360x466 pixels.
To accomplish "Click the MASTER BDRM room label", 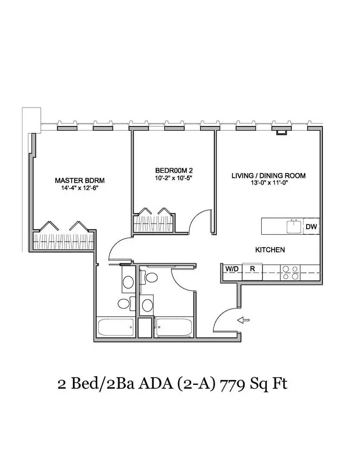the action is click(80, 180).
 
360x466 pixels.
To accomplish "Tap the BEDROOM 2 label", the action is click(174, 170).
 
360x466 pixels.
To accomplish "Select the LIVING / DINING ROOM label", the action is click(269, 176).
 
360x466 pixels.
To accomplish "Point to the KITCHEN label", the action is click(270, 250).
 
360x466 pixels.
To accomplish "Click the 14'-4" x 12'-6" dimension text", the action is click(80, 188).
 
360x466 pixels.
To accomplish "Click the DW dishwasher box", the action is click(311, 227).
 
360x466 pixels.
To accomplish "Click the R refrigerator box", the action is click(252, 271).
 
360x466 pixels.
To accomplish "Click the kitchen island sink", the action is click(294, 227).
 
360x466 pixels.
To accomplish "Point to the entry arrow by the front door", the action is click(243, 320).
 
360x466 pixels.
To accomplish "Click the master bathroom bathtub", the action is click(116, 327).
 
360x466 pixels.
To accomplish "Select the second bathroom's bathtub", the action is click(174, 327).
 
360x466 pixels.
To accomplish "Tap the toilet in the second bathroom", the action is click(150, 277).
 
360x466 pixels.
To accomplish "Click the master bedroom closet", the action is click(63, 241).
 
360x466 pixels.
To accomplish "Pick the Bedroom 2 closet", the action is click(153, 223).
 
